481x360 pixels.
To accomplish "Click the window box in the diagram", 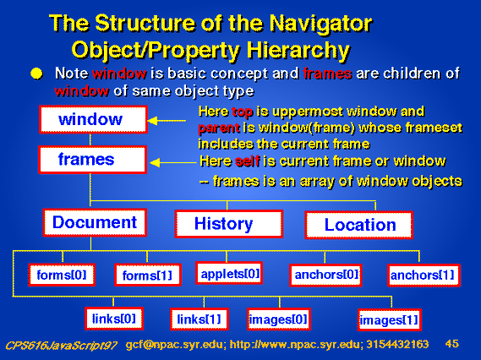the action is click(93, 120).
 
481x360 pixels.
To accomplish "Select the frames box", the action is click(93, 160).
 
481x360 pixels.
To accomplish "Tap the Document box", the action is click(95, 222).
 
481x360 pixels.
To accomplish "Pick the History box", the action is click(229, 224).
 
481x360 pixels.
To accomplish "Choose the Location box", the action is click(358, 225).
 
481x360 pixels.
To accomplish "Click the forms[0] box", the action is click(62, 275).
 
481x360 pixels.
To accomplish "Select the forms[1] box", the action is click(148, 275).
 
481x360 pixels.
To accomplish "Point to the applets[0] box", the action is click(229, 273).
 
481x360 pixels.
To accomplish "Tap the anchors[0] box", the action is click(325, 275).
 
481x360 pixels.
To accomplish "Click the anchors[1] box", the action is click(424, 275).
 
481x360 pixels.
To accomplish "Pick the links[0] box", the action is click(114, 319).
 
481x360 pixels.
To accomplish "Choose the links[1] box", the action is click(200, 319).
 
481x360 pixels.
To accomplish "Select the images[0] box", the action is click(279, 319).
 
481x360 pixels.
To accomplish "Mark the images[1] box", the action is click(390, 320).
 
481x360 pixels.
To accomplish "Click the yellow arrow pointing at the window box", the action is click(167, 121).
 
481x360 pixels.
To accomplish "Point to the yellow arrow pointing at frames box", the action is click(172, 162).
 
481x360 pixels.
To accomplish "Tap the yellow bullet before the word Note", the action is click(36, 74).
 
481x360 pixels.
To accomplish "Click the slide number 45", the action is click(452, 344).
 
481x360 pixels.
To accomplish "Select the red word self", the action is click(247, 161).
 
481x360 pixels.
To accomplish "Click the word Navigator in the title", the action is click(320, 24).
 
